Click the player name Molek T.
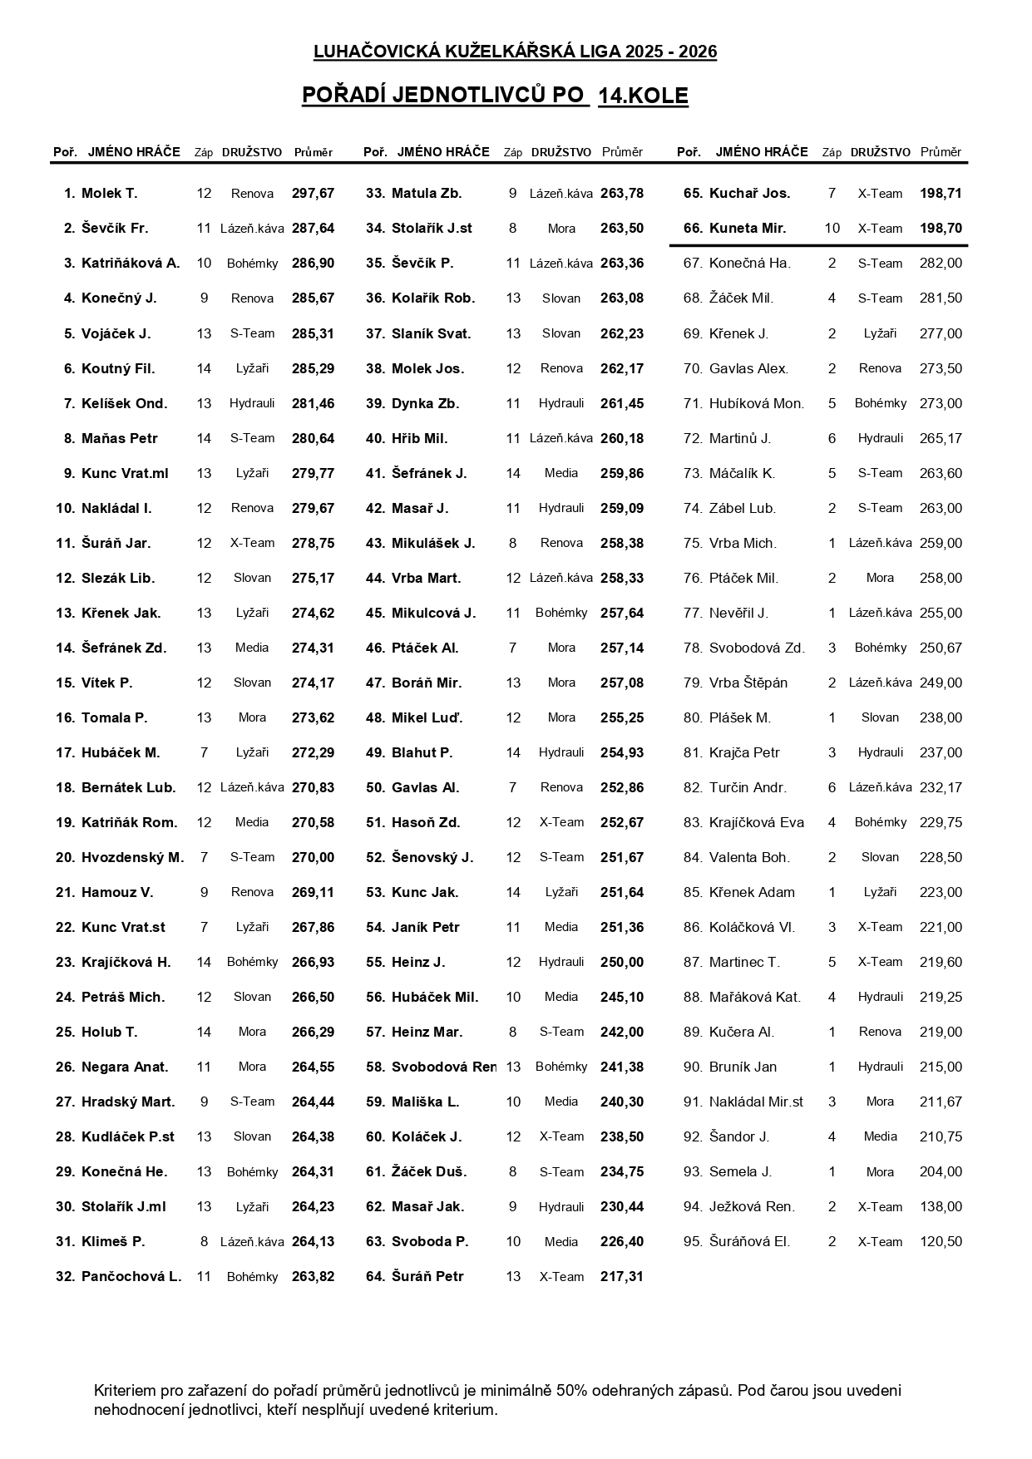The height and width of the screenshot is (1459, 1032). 109,194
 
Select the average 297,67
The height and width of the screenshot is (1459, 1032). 313,194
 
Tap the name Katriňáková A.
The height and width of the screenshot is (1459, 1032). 131,264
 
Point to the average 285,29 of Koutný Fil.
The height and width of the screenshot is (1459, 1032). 313,368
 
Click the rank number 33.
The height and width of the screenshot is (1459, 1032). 375,194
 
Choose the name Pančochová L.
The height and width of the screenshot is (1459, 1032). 131,1276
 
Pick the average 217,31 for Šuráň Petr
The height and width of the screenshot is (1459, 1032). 621,1276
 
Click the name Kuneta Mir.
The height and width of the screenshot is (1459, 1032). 747,229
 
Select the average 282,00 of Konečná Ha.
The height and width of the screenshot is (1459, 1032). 941,264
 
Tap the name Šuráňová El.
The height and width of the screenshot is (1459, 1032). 749,1241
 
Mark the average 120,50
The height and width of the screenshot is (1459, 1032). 941,1241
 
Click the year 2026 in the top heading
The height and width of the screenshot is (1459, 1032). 698,52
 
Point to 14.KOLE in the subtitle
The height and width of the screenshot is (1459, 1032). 643,96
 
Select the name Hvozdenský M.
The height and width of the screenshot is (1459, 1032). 132,857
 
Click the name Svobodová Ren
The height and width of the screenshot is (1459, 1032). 443,1067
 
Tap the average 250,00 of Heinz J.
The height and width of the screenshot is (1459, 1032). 621,962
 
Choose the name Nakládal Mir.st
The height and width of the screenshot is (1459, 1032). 756,1102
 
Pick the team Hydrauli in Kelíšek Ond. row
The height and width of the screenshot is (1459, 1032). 252,403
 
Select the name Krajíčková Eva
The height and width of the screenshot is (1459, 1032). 756,822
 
